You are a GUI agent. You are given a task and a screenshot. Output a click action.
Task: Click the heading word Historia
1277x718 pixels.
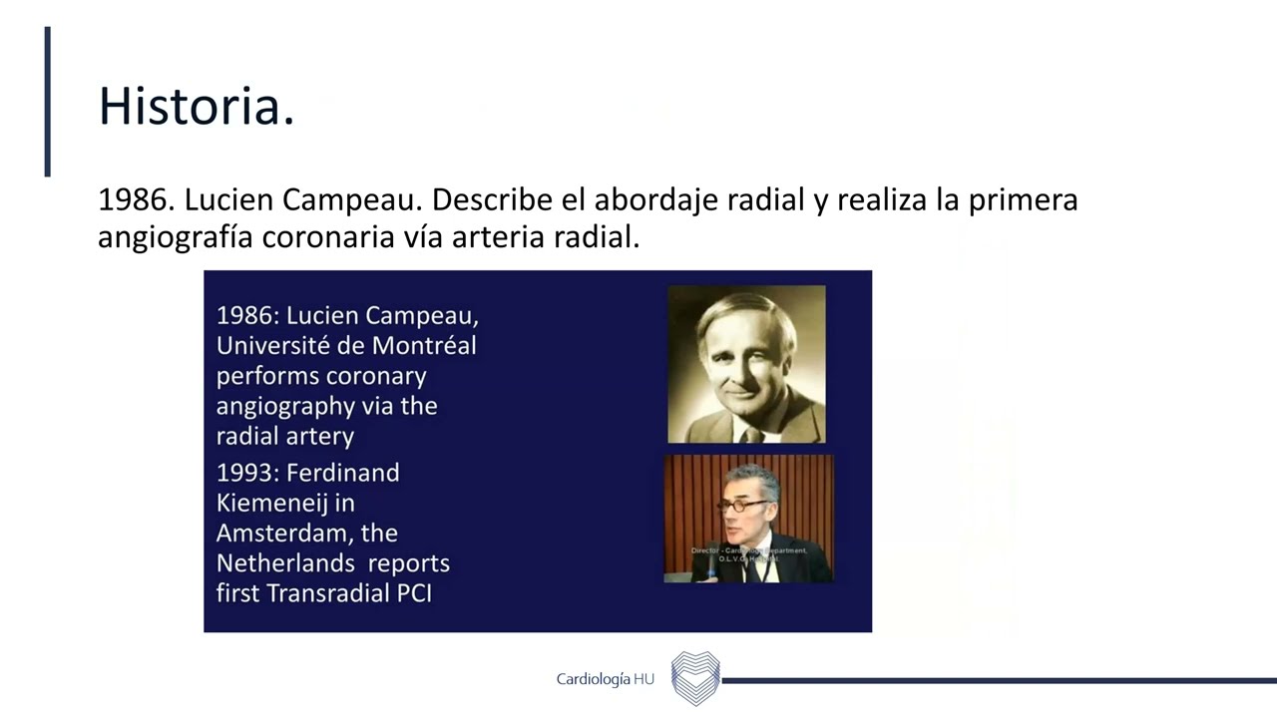196,107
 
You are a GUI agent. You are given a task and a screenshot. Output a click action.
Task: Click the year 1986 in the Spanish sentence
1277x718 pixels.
137,199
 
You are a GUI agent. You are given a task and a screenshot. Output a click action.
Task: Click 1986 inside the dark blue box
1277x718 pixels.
246,316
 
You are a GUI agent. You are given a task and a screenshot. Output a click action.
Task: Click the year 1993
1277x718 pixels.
246,472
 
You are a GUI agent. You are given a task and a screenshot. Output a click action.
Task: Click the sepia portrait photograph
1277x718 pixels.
746,364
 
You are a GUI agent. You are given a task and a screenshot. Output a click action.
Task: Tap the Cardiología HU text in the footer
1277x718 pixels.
605,679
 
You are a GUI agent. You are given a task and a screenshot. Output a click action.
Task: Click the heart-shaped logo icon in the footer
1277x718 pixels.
695,678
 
